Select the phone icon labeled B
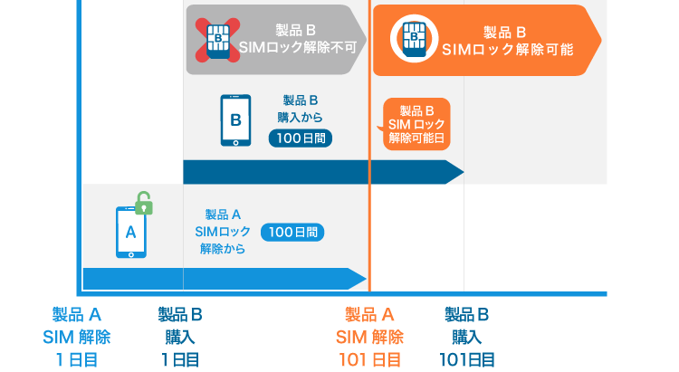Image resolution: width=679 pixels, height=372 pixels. coord(235,119)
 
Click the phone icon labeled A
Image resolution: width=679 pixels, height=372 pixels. coord(130,232)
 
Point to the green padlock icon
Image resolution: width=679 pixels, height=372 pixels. coord(143,203)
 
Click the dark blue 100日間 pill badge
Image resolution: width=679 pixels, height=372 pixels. coord(301,138)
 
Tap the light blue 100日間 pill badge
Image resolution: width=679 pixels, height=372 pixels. coord(292,232)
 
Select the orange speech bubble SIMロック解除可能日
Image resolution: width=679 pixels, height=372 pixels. coord(416,123)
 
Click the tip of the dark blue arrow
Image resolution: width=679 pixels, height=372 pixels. coord(462,172)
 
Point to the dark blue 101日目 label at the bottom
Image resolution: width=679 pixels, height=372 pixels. coord(469,359)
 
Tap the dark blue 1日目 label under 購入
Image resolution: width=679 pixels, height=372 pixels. coord(179,359)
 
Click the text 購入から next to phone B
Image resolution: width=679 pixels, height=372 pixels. coord(300,118)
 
